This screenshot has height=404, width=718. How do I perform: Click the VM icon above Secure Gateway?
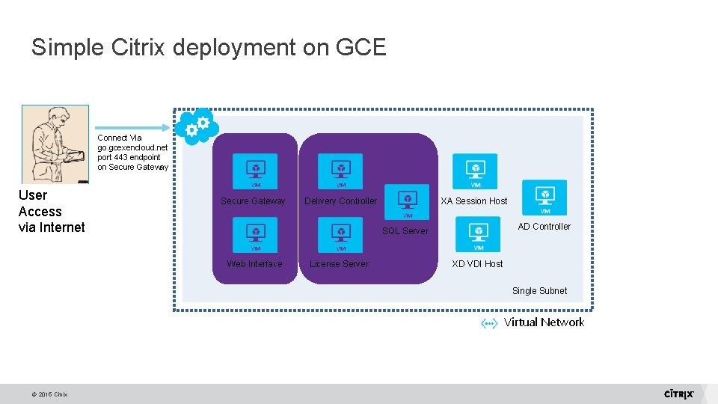[x=255, y=171]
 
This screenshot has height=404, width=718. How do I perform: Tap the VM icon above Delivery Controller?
[x=340, y=171]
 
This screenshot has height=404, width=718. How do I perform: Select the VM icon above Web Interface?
[x=255, y=234]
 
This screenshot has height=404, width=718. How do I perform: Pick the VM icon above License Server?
[x=340, y=234]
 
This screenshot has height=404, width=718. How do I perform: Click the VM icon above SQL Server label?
[x=408, y=201]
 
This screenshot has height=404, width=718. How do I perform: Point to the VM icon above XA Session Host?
[x=475, y=171]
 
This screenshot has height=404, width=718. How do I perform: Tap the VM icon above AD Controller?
[x=544, y=198]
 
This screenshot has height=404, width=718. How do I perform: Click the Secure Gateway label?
[x=253, y=201]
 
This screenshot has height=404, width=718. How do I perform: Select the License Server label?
[x=339, y=263]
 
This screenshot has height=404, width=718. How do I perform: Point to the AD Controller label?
[x=544, y=227]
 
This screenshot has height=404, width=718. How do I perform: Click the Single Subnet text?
[x=539, y=291]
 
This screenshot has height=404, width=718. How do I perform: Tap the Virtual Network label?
[x=544, y=322]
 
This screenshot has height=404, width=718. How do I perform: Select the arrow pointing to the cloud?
[x=132, y=126]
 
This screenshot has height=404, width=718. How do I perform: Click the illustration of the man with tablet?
[x=55, y=144]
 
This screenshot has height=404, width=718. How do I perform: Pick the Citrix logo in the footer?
[x=679, y=394]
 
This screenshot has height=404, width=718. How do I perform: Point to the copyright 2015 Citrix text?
[x=50, y=394]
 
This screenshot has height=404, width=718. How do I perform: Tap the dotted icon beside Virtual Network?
[x=489, y=323]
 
